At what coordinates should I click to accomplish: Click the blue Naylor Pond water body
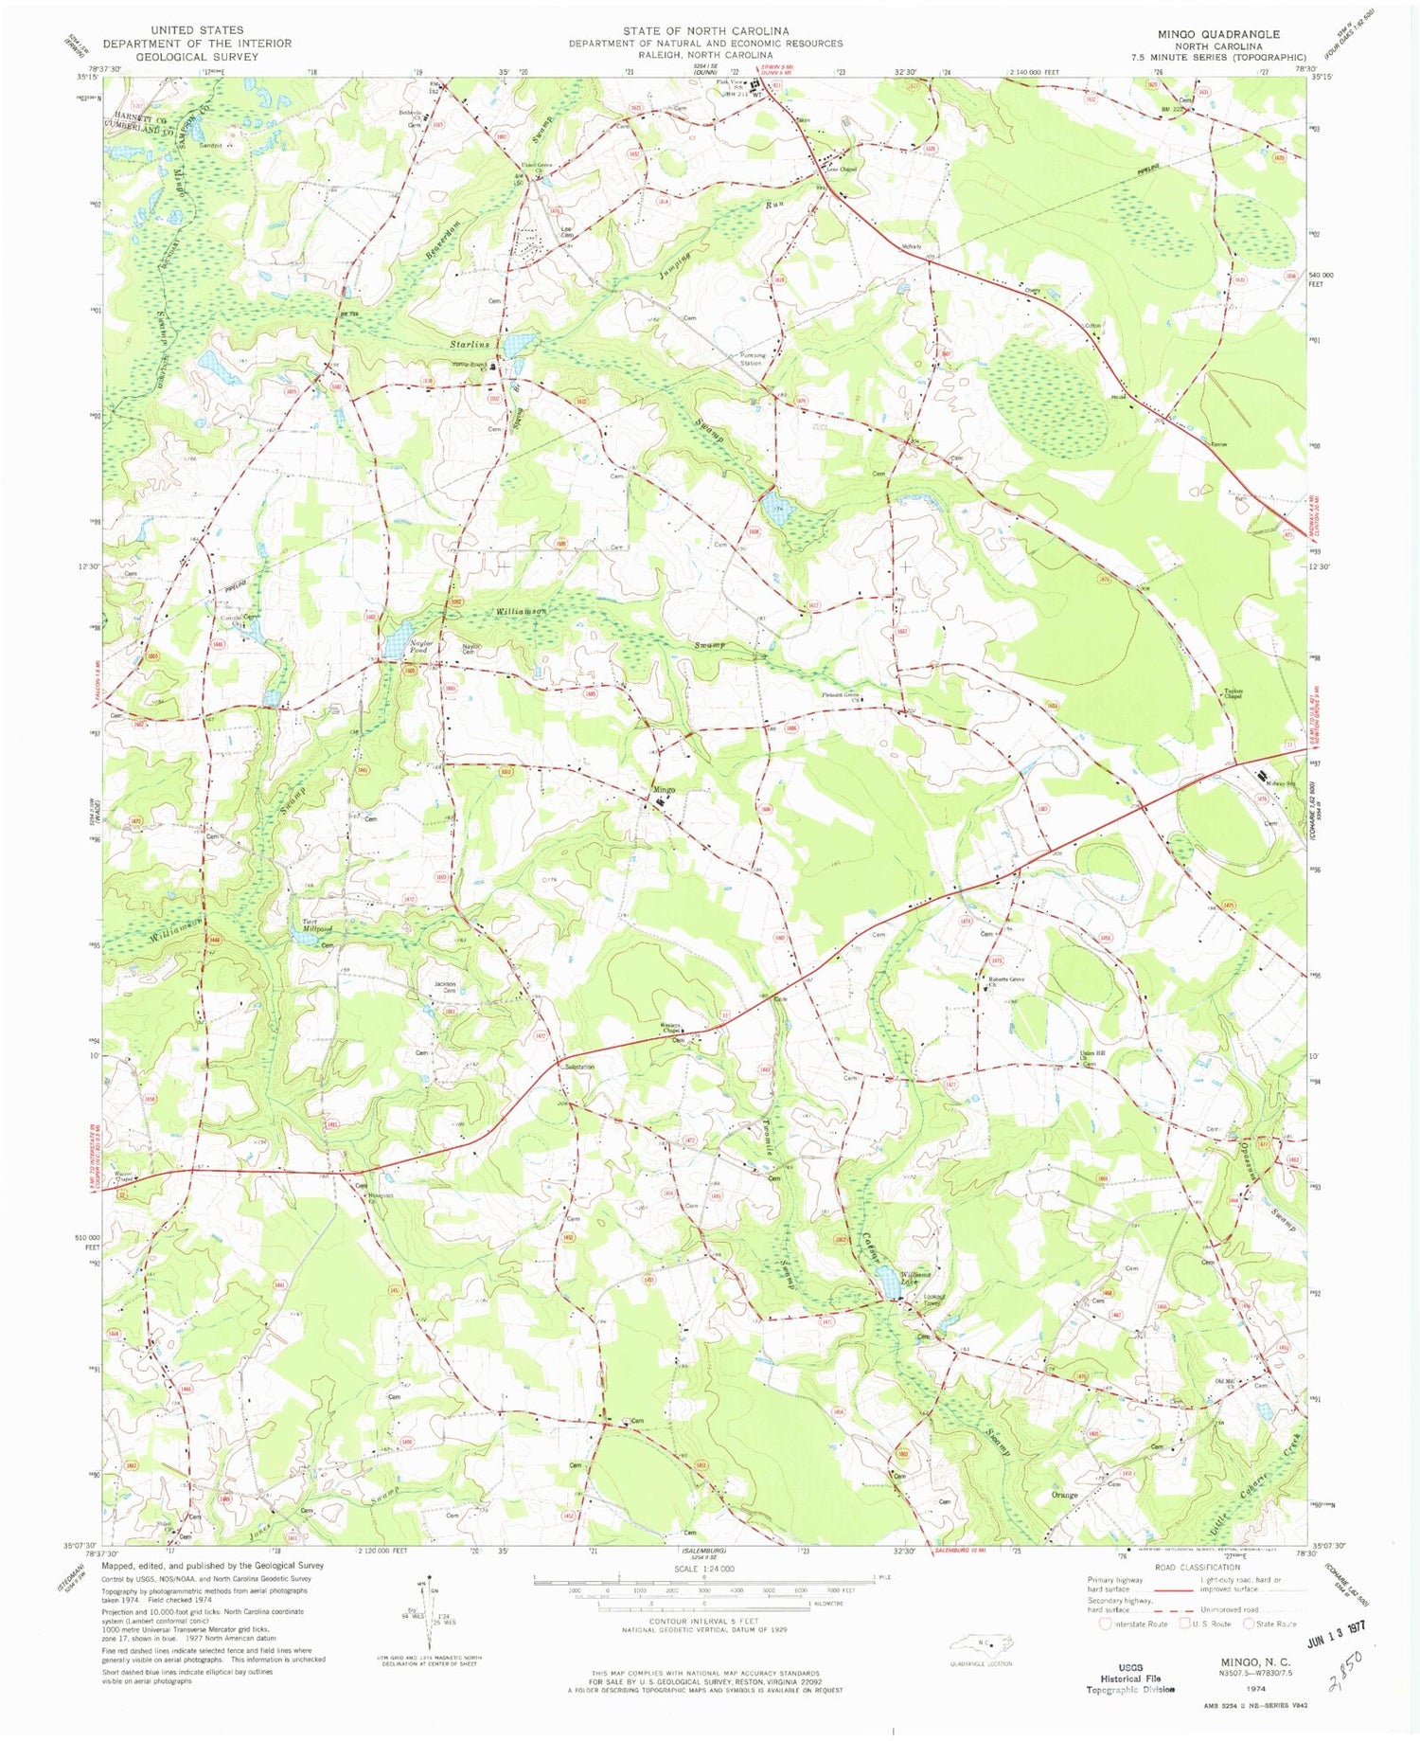393,649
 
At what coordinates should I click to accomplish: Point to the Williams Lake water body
890,1283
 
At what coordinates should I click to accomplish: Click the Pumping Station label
751,358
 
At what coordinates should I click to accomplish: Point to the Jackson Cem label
444,987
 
